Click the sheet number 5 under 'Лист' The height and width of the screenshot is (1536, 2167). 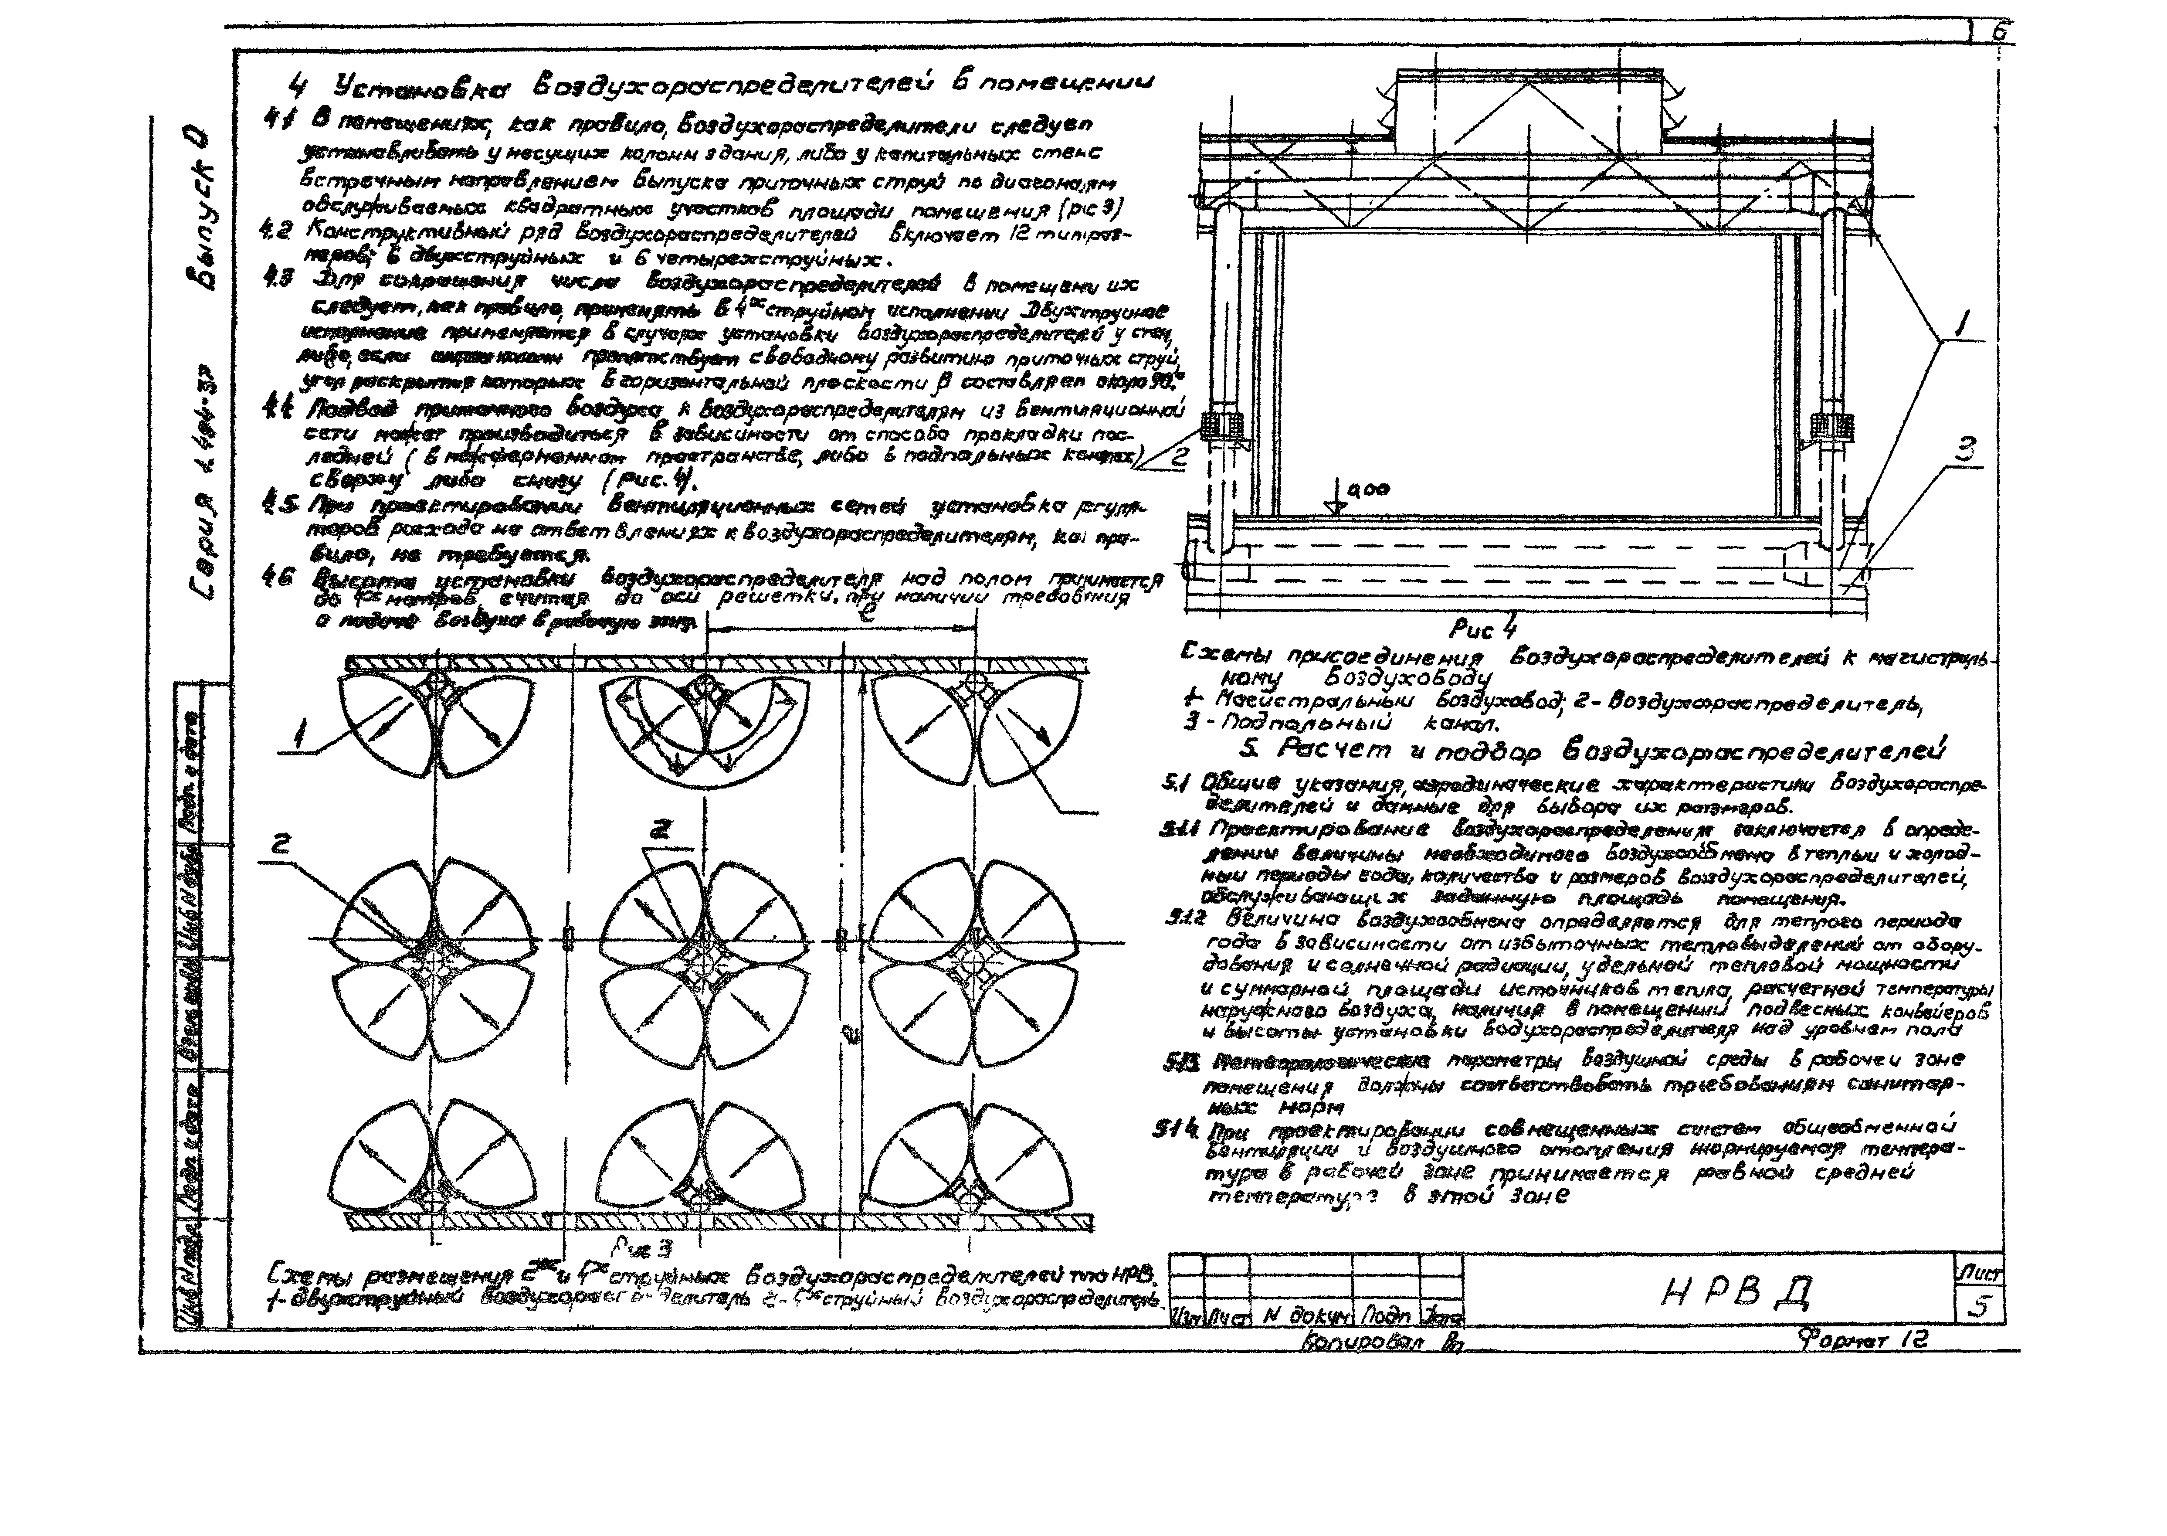click(x=1978, y=1306)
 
